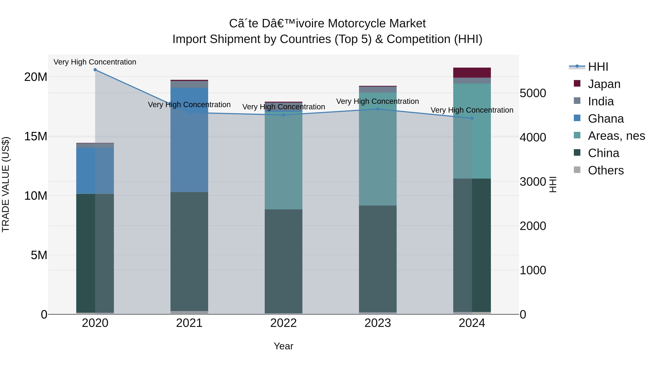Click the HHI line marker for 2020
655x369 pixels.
[95, 70]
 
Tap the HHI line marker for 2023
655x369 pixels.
[378, 109]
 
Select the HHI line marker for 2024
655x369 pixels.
[472, 118]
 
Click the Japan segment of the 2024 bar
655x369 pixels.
[472, 73]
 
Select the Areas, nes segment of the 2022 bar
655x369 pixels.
[283, 160]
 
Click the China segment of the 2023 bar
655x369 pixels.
[378, 258]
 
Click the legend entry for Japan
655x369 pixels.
[604, 84]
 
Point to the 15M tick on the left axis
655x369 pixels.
[36, 136]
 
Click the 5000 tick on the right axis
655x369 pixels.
[533, 93]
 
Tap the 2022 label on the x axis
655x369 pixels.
[283, 323]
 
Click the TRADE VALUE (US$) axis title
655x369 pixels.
[6, 184]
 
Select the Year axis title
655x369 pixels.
[283, 346]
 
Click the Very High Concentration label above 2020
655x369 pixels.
[95, 62]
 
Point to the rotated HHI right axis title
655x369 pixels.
[553, 184]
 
